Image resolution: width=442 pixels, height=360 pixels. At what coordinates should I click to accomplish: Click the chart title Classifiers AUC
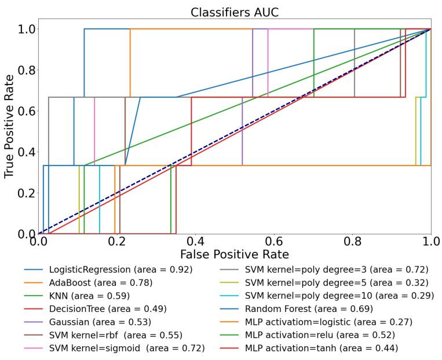[234, 12]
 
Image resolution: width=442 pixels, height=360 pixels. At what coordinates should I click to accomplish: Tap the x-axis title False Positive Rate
[234, 254]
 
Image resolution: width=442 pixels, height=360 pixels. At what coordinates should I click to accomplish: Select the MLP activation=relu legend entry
[320, 335]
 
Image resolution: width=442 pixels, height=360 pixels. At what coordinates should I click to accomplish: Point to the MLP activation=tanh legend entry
[321, 348]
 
